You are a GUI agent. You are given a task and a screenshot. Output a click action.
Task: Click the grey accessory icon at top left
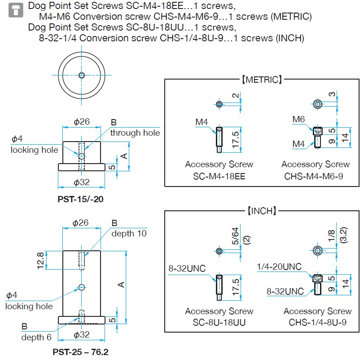click(16, 10)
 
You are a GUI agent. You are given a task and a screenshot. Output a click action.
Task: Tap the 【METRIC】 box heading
click(262, 80)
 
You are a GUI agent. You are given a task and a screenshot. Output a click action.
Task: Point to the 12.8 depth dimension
click(40, 260)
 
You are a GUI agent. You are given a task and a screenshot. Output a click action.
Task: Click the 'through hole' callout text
click(135, 133)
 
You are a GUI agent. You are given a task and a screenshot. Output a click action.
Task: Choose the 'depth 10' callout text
click(129, 234)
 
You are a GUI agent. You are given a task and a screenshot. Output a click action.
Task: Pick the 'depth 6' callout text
click(36, 337)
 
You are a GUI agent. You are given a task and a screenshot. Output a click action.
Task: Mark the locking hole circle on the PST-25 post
click(81, 287)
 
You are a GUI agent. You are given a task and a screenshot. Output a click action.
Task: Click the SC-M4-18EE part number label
click(219, 177)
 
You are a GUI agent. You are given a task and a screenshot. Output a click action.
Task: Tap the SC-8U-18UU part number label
click(219, 323)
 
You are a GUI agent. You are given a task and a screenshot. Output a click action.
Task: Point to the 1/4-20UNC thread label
click(279, 267)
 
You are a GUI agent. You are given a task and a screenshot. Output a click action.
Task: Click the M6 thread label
click(299, 119)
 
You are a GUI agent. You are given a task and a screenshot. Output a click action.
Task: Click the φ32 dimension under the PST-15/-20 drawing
click(82, 182)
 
